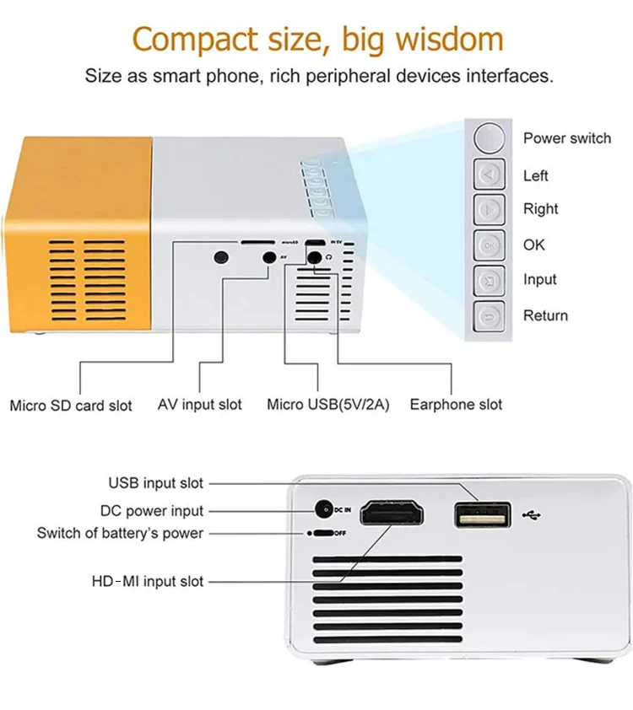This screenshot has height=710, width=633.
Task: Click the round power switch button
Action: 490,137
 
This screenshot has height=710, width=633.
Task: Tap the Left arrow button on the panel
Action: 490,175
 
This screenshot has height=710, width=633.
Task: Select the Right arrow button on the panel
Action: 490,209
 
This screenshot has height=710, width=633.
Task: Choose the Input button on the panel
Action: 490,280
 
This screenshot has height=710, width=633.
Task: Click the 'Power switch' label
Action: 566,138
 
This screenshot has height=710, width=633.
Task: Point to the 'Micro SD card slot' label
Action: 71,406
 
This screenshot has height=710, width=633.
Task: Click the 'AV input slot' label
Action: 200,405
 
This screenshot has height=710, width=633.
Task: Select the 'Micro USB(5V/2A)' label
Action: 327,405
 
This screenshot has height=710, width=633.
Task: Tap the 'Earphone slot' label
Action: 456,405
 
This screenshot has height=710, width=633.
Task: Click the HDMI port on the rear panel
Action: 393,514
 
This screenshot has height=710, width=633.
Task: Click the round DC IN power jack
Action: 322,509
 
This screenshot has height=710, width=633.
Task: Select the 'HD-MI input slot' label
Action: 148,581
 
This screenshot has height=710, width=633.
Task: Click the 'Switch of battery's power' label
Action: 120,533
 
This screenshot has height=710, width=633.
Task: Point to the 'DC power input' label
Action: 152,510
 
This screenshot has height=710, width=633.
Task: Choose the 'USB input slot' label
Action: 156,483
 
